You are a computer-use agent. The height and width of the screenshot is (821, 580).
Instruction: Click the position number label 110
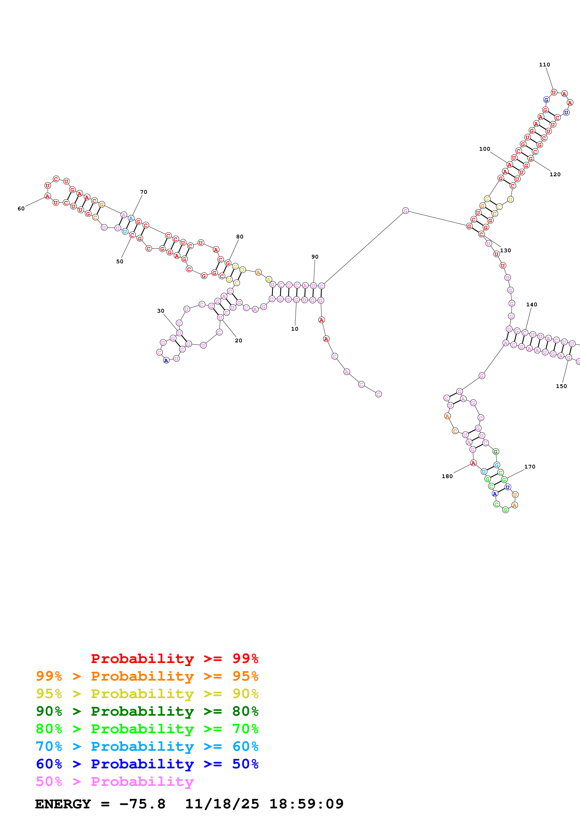tap(544, 65)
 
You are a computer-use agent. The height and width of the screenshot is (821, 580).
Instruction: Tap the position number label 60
tap(21, 209)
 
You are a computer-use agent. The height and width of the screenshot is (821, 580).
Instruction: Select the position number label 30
tap(161, 311)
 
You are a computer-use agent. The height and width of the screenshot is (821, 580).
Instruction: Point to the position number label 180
tap(447, 476)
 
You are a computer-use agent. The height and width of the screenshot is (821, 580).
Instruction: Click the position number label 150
tap(561, 386)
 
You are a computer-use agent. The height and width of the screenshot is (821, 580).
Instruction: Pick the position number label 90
tap(315, 257)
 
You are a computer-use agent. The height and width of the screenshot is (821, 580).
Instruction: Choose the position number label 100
tap(485, 149)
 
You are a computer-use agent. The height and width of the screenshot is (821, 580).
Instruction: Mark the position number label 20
tap(238, 341)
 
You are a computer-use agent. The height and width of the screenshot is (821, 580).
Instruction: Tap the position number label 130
tap(505, 250)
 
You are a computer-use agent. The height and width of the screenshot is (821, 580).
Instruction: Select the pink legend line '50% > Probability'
tap(115, 781)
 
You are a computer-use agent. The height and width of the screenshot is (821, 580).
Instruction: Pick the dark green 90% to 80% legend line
tap(147, 711)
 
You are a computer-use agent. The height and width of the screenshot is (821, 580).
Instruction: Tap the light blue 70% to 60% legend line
tap(147, 746)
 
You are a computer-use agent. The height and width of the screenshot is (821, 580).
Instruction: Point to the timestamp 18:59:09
tap(306, 804)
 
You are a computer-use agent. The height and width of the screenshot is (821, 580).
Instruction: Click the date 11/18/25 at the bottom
tap(222, 804)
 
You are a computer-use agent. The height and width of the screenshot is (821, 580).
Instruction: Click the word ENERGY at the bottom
tap(63, 804)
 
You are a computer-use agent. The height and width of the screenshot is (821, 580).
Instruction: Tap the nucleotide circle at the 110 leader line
tap(554, 92)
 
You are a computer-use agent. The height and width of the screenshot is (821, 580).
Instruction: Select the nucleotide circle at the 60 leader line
tap(47, 196)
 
